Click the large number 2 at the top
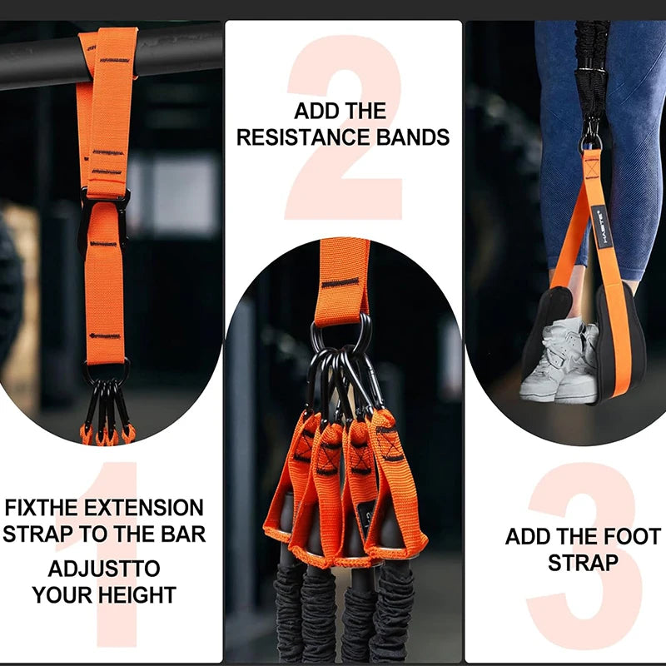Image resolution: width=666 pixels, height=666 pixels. point(343,125)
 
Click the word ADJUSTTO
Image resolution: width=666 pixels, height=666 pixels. point(104,570)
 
